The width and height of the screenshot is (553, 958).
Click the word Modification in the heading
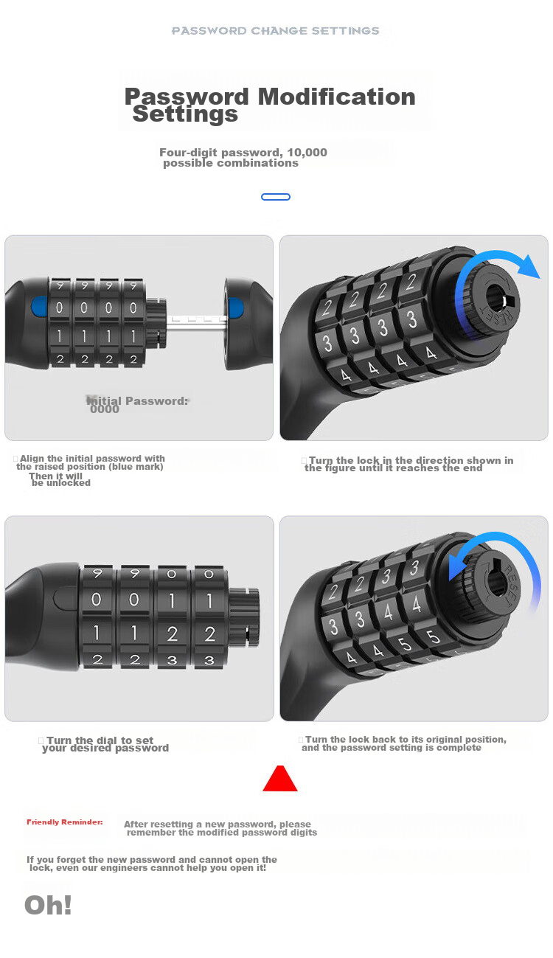[336, 97]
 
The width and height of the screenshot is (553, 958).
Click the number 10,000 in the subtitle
[307, 152]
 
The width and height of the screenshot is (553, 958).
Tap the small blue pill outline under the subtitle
[276, 197]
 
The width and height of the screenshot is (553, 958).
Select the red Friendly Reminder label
[65, 822]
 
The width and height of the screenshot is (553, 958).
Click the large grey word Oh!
[48, 905]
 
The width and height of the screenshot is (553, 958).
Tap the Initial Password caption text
[138, 404]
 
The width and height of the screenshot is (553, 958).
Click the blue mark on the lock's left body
[39, 307]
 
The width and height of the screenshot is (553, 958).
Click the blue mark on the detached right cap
[236, 308]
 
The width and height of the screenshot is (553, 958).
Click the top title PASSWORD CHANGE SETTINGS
[276, 31]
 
